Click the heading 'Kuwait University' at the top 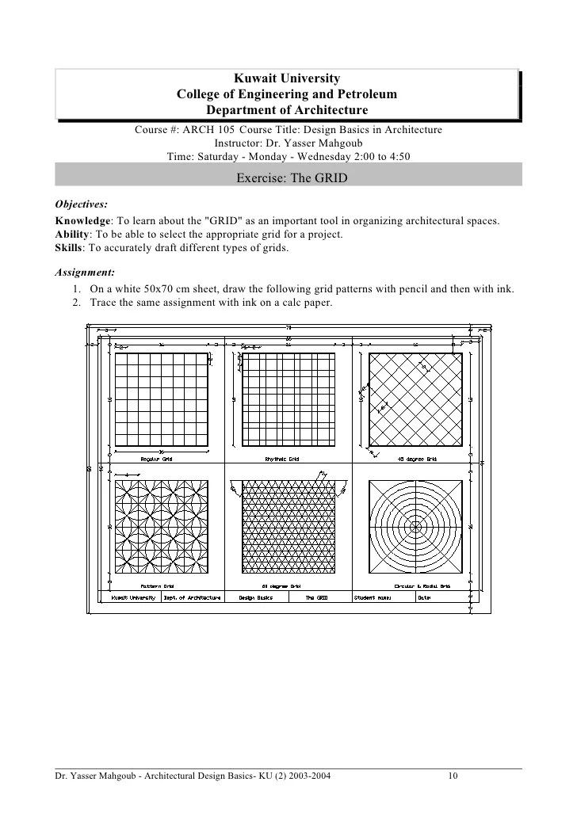coord(287,78)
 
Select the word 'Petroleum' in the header coord(365,94)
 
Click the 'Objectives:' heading coord(81,204)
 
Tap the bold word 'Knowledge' coord(82,221)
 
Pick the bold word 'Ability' coord(71,235)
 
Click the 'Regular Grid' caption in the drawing coord(157,459)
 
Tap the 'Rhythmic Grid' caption coord(281,459)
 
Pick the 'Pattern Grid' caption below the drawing coord(156,586)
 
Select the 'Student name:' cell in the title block coord(374,598)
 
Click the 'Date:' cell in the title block coord(426,598)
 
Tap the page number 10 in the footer coord(453,776)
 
